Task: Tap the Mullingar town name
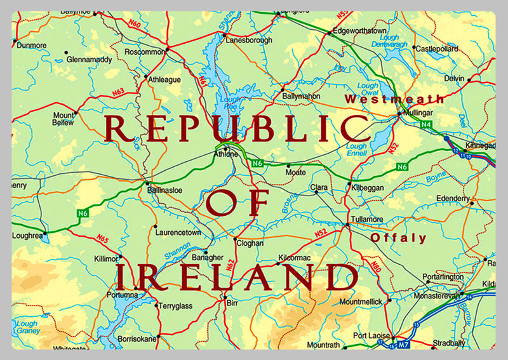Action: coord(419,115)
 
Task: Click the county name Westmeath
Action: coord(394,99)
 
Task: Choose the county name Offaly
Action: coord(399,238)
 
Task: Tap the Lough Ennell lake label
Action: coord(357,150)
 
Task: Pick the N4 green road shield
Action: coord(426,125)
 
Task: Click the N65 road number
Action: coord(103,239)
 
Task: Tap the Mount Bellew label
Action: coord(63,119)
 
